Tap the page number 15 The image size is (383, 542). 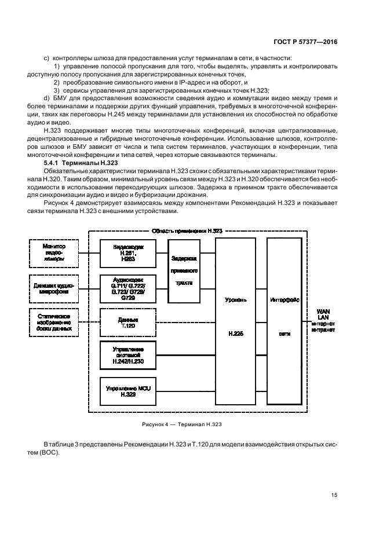334,495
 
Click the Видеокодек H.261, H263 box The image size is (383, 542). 128,252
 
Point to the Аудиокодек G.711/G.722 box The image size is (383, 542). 128,288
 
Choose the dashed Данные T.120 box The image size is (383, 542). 128,321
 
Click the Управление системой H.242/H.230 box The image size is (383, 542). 128,355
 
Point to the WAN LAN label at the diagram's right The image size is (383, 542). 323,315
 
